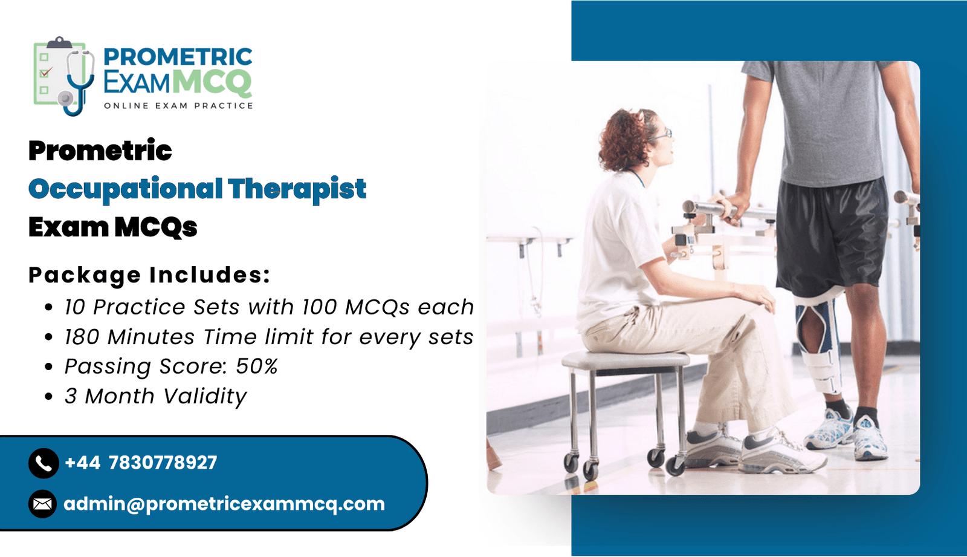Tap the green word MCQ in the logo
coord(214,82)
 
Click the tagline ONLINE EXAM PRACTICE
coord(178,106)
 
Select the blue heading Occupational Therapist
coord(197,189)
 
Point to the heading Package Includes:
coord(149,275)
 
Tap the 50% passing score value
coord(256,366)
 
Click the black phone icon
coord(43,463)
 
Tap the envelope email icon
coord(43,504)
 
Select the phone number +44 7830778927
coord(141,463)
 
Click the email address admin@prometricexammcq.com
coord(224,504)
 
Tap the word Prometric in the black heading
coord(100,151)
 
